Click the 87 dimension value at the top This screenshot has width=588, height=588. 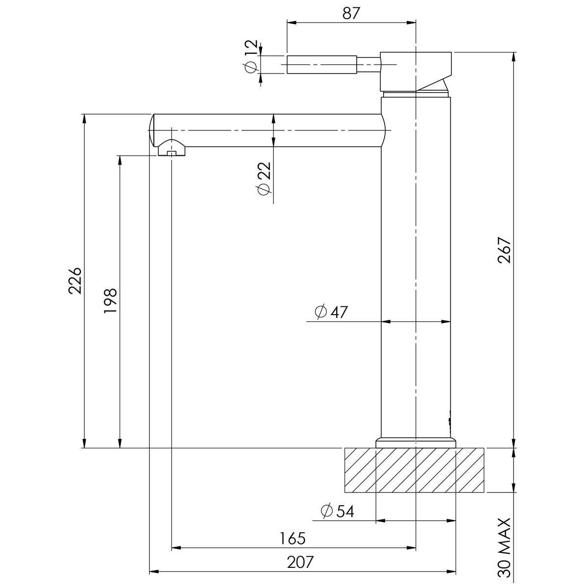351,13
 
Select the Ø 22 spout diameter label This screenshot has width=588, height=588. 264,178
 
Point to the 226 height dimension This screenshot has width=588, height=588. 75,281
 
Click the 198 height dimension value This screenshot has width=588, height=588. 110,300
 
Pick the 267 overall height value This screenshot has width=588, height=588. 504,250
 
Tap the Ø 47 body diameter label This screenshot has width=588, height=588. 331,312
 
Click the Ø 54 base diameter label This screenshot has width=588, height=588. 338,511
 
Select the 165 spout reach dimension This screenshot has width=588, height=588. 293,539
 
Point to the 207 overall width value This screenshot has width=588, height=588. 300,563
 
